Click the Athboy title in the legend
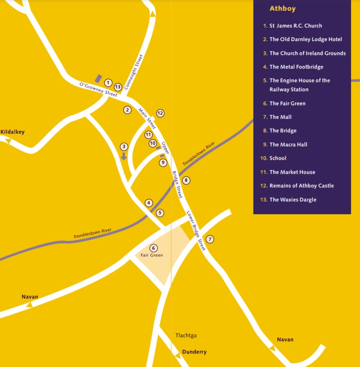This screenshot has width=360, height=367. coord(282,9)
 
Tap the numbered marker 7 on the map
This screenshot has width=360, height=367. coord(210,239)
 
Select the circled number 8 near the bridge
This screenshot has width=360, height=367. coord(186,180)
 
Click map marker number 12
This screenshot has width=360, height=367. coord(160,113)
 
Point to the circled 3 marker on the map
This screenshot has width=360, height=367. coord(124,146)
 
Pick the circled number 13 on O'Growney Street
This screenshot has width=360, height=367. coord(118,87)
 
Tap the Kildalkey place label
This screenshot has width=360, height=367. coord(13,132)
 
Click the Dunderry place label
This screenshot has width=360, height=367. coord(194,352)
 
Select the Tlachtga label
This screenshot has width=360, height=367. coord(186,335)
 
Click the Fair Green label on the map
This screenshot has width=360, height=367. coord(152,255)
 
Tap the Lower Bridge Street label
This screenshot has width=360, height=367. coord(195,231)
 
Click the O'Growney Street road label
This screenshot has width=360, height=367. coord(98,90)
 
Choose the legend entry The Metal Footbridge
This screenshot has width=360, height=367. coord(296,67)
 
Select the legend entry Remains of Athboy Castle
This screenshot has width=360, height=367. coord(301,186)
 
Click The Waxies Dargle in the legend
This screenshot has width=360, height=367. coord(293,200)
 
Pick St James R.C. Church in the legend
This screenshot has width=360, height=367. coord(296,25)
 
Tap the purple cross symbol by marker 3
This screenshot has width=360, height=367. coord(124,157)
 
